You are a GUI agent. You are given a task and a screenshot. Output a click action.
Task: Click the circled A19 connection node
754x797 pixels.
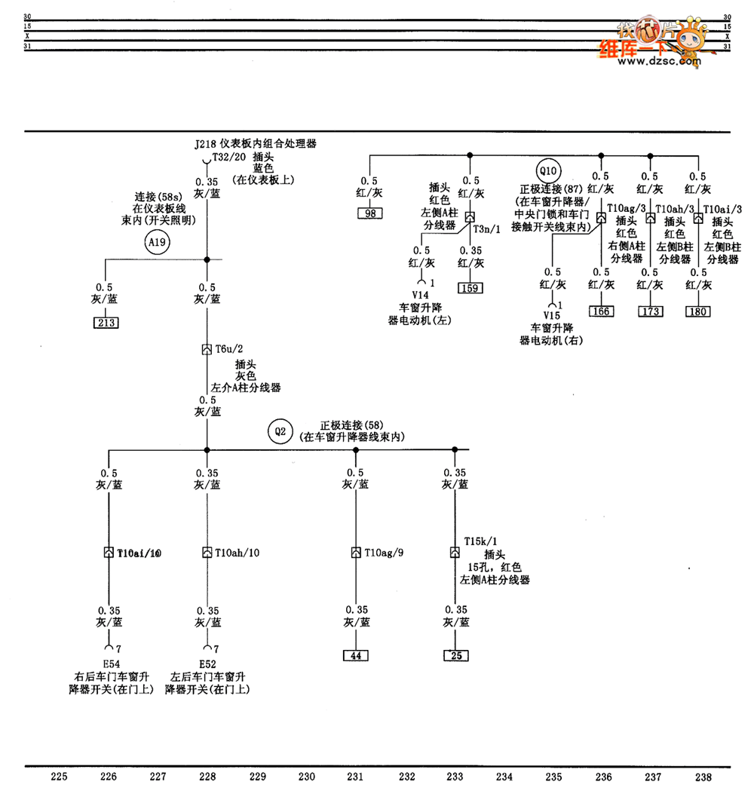[x=156, y=242]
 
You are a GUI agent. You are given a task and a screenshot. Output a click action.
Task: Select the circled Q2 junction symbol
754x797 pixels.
[x=280, y=431]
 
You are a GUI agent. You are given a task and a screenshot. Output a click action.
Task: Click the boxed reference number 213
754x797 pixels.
[x=106, y=323]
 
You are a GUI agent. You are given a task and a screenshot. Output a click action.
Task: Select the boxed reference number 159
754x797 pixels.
[x=470, y=288]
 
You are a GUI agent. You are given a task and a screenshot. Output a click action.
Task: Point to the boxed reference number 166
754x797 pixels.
[x=601, y=311]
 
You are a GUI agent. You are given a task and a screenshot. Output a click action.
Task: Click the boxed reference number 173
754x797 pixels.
[x=651, y=311]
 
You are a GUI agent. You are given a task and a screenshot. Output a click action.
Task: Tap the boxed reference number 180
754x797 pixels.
[x=698, y=311]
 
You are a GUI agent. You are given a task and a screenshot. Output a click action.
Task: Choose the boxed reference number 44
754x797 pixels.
[x=356, y=655]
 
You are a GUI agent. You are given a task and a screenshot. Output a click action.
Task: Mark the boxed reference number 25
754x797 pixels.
[x=455, y=655]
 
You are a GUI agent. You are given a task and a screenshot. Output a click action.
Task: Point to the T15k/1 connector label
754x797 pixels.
[x=479, y=541]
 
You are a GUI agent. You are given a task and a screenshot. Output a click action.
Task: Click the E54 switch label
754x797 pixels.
[x=111, y=664]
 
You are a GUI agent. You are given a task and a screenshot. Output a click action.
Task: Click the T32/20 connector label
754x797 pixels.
[x=228, y=157]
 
